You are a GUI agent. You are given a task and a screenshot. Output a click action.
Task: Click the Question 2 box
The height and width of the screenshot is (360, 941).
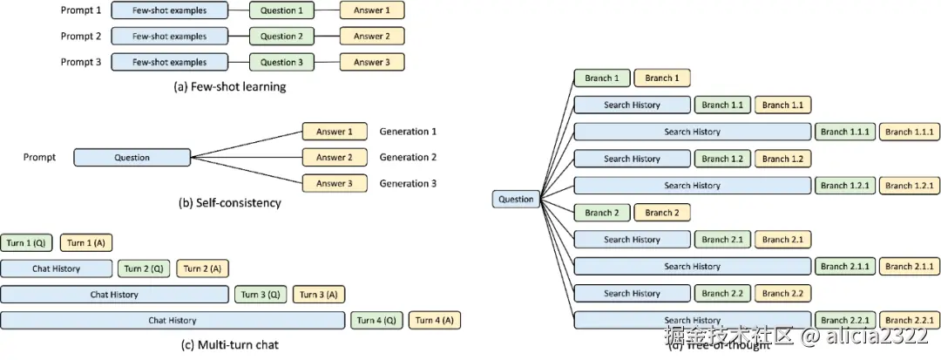[281, 37]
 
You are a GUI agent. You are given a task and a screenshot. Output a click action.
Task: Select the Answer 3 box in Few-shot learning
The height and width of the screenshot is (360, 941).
[372, 63]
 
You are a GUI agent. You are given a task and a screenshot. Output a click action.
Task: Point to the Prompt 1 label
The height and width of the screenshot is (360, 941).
[81, 10]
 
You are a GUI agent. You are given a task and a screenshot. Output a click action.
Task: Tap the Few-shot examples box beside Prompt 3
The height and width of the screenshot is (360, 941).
[169, 63]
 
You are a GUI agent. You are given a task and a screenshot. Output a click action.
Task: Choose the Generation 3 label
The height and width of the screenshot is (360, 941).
[408, 184]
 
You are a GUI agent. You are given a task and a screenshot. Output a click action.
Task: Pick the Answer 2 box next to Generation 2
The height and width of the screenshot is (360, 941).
[335, 158]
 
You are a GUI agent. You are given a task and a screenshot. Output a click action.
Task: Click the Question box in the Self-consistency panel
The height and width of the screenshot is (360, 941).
[132, 158]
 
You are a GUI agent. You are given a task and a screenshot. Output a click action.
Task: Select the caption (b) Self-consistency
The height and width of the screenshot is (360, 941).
[229, 203]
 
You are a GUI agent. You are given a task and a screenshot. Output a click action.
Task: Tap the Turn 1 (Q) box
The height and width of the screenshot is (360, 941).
[28, 242]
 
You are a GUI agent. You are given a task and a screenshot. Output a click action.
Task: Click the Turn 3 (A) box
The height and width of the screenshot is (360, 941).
[319, 295]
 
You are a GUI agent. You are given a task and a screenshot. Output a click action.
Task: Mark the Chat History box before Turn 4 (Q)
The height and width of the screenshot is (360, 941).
[172, 321]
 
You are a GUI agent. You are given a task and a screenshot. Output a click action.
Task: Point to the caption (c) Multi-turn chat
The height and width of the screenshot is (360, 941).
[229, 344]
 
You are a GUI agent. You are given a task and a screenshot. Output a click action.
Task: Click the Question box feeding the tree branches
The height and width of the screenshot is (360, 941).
[516, 199]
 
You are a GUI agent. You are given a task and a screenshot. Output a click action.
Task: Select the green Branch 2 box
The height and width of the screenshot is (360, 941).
[601, 213]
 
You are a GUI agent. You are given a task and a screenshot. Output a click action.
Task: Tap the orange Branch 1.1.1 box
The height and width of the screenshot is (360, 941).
[910, 132]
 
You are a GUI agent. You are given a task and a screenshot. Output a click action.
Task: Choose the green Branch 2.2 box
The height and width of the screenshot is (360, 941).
[722, 293]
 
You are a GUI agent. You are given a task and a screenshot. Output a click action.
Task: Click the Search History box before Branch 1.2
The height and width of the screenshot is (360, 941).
[632, 159]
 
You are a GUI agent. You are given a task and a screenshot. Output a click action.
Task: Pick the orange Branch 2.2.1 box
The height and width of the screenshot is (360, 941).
[910, 320]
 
